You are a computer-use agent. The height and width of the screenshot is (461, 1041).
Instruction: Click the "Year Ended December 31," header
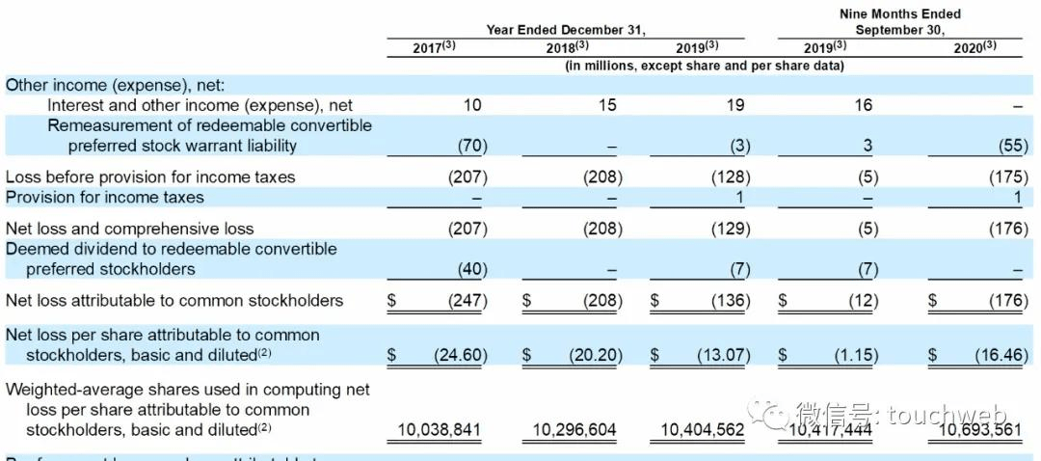(x=565, y=30)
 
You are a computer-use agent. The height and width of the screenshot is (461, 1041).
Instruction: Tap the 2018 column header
(x=568, y=47)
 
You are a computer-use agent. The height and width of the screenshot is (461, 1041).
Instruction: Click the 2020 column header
(x=974, y=47)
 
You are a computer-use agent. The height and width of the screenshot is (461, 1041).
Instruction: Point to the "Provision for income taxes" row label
(x=105, y=198)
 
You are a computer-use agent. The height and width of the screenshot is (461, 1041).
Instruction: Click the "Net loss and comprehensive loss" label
(x=130, y=229)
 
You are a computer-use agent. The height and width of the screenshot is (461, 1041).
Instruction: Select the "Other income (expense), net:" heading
(x=115, y=85)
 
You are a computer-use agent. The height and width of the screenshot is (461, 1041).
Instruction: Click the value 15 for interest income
(x=606, y=105)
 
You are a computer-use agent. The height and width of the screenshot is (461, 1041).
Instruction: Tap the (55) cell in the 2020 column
(x=1013, y=147)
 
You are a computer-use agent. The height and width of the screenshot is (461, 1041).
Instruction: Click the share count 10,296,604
(x=574, y=430)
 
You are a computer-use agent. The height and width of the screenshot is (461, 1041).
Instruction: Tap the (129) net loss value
(x=729, y=229)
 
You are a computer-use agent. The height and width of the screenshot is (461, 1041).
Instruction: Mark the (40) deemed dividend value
(x=472, y=269)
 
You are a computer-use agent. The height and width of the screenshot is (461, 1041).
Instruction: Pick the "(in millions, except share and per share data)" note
(x=705, y=66)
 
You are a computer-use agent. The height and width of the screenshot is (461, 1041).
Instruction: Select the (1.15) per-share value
(x=856, y=355)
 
